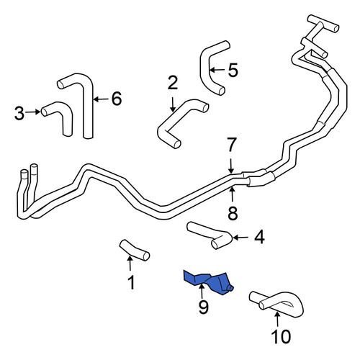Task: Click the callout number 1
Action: pos(131,282)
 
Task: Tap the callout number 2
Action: pos(173,83)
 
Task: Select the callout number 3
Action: pos(19,113)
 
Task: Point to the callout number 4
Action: pos(259,237)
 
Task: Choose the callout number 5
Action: pos(233,70)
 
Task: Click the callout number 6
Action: pos(117,99)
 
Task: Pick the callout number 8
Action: pos(233,213)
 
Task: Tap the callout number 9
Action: pos(204,307)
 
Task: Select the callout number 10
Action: pos(281,336)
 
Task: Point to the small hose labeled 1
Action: pos(135,251)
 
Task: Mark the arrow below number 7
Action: pos(231,166)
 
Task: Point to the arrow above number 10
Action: pos(277,319)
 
